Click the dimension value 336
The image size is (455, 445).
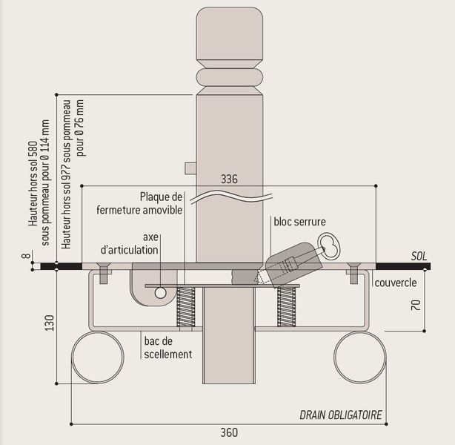230,179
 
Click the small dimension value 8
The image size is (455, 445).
24,257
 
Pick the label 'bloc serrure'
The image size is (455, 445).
299,221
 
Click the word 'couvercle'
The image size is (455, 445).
395,283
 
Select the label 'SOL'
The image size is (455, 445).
419,257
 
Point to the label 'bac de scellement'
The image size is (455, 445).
167,348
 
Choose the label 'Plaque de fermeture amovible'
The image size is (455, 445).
139,203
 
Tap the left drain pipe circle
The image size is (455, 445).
97,358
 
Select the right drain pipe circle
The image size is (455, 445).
359,358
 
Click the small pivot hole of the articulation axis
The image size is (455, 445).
160,293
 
